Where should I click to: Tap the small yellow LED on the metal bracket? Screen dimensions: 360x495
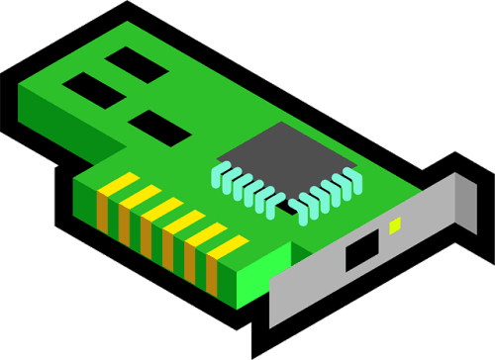[x=395, y=225]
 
